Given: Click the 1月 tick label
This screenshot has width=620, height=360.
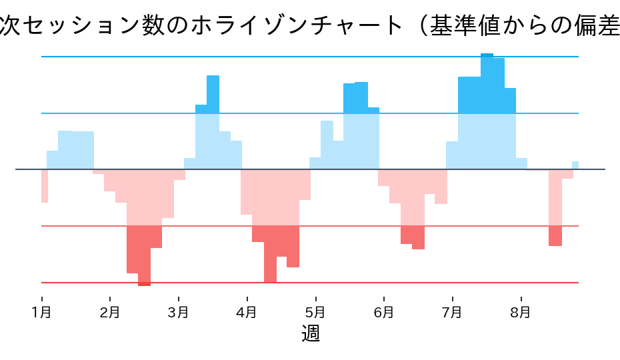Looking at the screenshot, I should (x=42, y=311).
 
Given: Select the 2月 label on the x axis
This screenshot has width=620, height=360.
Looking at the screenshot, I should (x=110, y=311).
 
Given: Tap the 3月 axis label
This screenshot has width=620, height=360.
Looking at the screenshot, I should (x=179, y=311).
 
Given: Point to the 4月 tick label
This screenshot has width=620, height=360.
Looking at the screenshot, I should (x=247, y=311).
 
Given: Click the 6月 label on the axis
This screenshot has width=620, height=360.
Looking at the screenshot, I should (x=383, y=311).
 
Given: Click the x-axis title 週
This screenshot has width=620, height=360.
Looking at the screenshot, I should (x=311, y=333).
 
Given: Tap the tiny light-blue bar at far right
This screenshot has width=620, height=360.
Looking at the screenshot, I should (x=575, y=165).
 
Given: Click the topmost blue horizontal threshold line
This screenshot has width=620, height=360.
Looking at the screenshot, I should (x=267, y=57).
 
